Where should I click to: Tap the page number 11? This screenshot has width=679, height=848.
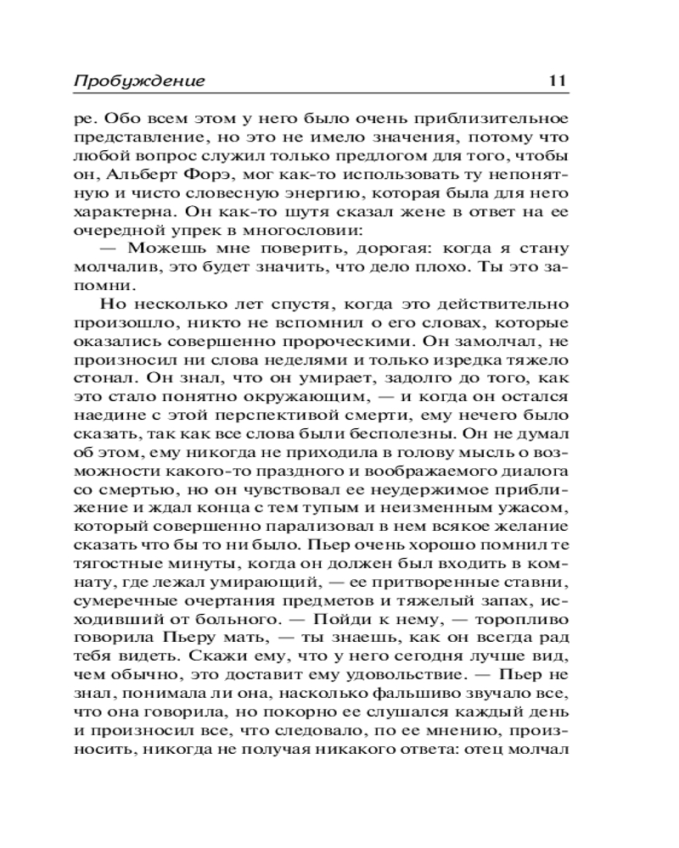(x=557, y=82)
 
